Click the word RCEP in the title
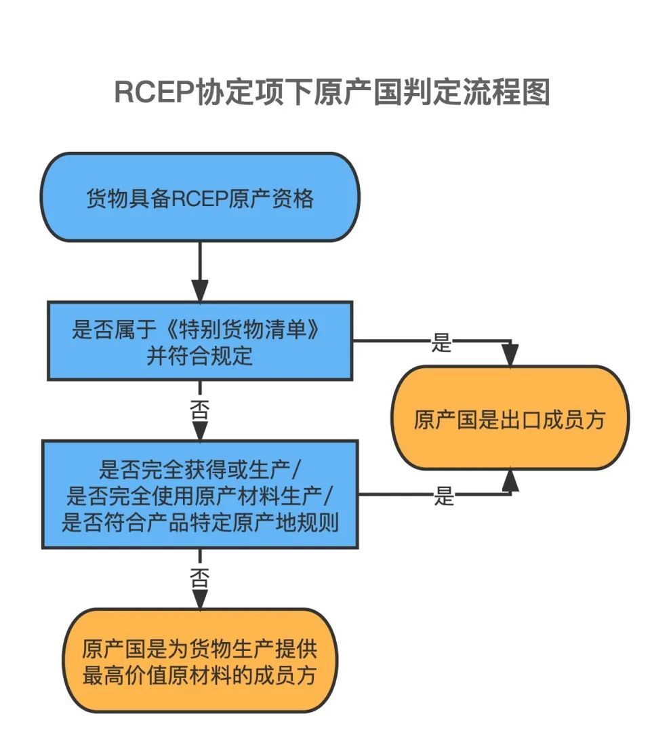tap(154, 93)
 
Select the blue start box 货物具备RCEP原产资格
tap(199, 197)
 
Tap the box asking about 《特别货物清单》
tap(199, 340)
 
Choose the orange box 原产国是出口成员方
tap(509, 419)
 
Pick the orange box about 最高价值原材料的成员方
tap(199, 661)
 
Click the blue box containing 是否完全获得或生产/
tap(199, 494)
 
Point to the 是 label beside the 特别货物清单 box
tap(441, 343)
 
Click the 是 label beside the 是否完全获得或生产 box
tap(444, 497)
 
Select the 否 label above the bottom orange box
tap(199, 577)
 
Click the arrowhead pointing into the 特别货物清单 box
tap(199, 290)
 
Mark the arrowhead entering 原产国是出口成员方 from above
tap(510, 355)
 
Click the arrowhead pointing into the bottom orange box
tap(199, 597)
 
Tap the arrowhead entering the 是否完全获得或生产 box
tap(199, 429)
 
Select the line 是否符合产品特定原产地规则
tap(199, 523)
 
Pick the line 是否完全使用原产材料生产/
tap(199, 497)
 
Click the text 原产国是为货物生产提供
tap(199, 649)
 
